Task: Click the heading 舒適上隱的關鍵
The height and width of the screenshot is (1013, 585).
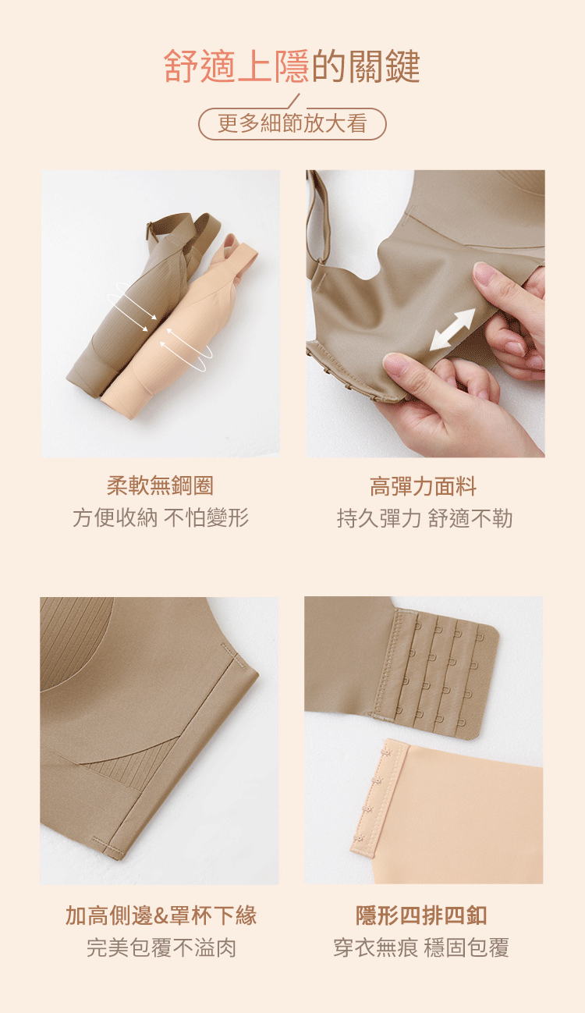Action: tap(292, 66)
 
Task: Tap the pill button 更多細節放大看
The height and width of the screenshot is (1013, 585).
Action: tap(292, 123)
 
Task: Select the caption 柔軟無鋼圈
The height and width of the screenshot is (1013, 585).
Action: tap(160, 485)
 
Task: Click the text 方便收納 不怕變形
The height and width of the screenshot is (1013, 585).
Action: tap(161, 517)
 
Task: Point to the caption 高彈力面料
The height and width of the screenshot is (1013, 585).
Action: tap(424, 487)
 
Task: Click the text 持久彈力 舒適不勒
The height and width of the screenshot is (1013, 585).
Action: tap(424, 518)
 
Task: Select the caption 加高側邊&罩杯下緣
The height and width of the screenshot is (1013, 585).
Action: tap(161, 915)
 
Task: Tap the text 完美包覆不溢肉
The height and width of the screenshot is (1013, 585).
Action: tap(161, 948)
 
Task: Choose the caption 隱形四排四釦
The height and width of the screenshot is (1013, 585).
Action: tap(421, 915)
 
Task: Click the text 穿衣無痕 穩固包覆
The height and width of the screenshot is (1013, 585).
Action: tap(421, 948)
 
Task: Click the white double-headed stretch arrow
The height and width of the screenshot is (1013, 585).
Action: tap(452, 329)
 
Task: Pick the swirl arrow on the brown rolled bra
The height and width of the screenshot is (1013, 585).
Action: tap(132, 306)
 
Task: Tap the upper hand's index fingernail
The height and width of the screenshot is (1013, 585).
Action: tap(483, 271)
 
